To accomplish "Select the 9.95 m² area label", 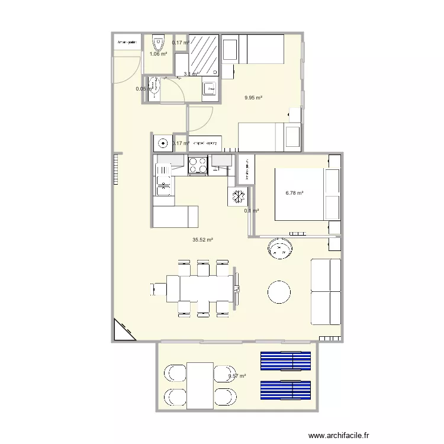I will pyautogui.click(x=253, y=98).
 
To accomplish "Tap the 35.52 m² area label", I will pyautogui.click(x=202, y=240).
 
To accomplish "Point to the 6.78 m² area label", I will pyautogui.click(x=294, y=193).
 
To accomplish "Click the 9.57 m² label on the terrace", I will pyautogui.click(x=237, y=375).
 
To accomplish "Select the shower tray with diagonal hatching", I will pyautogui.click(x=204, y=53).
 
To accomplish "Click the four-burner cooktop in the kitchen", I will pyautogui.click(x=198, y=165).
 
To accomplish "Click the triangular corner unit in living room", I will pyautogui.click(x=121, y=332).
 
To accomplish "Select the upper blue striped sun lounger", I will pyautogui.click(x=286, y=360).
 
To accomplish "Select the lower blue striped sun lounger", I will pyautogui.click(x=286, y=391).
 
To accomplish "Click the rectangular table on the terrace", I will pyautogui.click(x=200, y=385).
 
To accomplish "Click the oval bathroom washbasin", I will pyautogui.click(x=155, y=87).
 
